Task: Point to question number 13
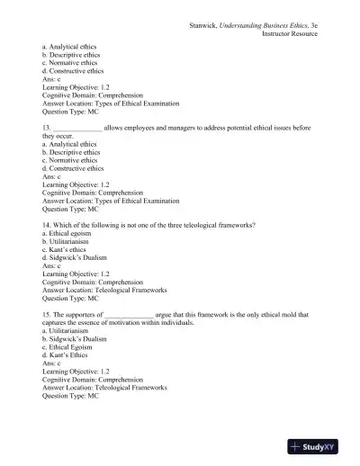point(47,128)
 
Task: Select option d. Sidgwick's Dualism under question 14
point(79,268)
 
